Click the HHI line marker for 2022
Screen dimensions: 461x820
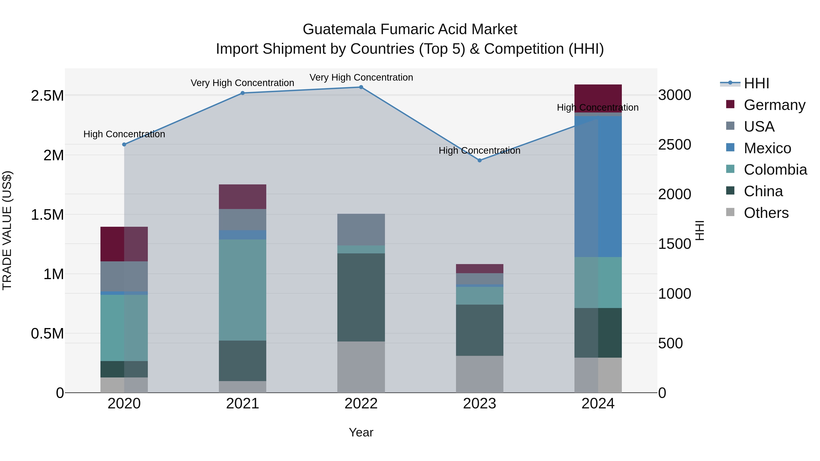click(x=361, y=87)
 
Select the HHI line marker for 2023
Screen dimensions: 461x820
click(x=479, y=160)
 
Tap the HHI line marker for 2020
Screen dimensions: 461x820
click(x=124, y=144)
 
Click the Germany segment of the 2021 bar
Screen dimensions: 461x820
click(x=242, y=197)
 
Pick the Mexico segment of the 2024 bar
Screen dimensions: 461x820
click(x=598, y=186)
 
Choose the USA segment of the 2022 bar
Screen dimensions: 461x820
click(x=361, y=229)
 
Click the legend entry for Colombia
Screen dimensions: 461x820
click(x=775, y=170)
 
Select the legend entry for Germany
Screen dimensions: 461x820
click(x=774, y=105)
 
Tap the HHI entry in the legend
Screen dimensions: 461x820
click(x=756, y=83)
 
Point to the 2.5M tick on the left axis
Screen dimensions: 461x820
click(x=47, y=95)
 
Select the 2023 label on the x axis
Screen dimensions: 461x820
click(x=479, y=403)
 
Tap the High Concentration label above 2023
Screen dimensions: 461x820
click(x=479, y=150)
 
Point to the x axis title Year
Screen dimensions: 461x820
click(x=361, y=432)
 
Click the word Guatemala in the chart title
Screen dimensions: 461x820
click(x=339, y=29)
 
